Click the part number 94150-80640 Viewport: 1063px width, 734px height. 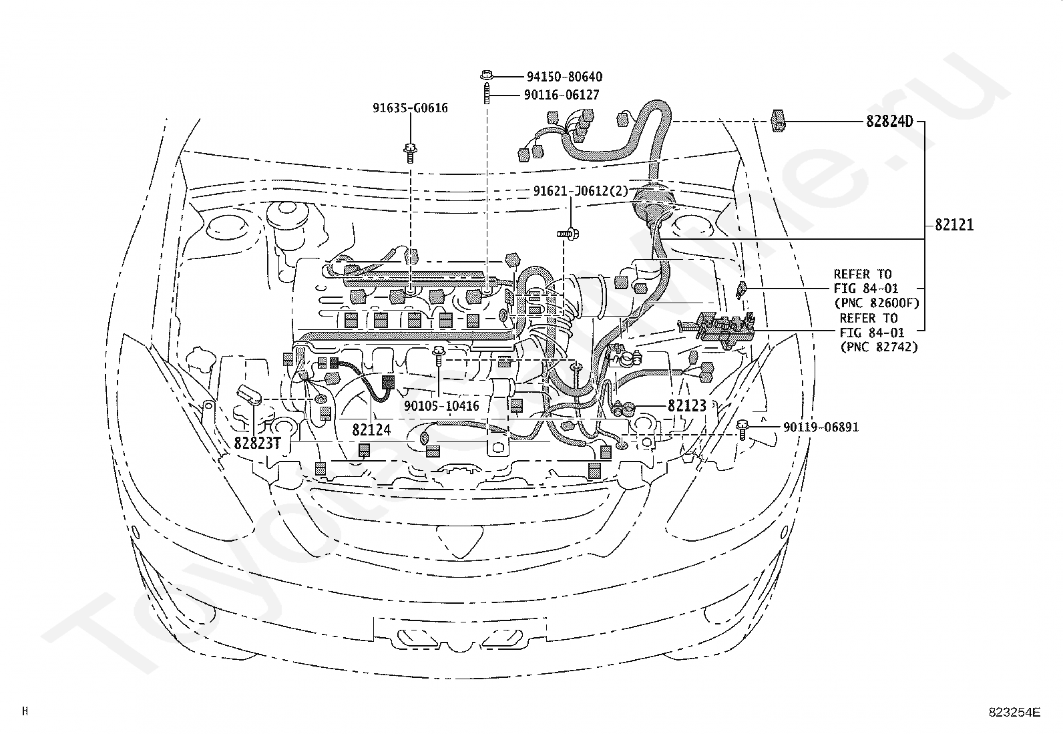pyautogui.click(x=564, y=76)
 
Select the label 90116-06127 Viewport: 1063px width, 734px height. pyautogui.click(x=562, y=95)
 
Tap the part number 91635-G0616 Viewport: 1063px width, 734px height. pyautogui.click(x=410, y=108)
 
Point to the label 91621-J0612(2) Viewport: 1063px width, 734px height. pyautogui.click(x=580, y=191)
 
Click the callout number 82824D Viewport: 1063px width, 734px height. pyautogui.click(x=889, y=122)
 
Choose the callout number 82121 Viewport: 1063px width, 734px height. pyautogui.click(x=954, y=224)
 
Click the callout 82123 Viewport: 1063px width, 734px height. pyautogui.click(x=687, y=405)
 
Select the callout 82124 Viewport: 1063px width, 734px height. pyautogui.click(x=371, y=429)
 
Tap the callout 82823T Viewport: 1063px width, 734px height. pyautogui.click(x=258, y=443)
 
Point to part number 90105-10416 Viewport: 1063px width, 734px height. pyautogui.click(x=441, y=406)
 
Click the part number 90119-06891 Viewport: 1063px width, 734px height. pyautogui.click(x=821, y=427)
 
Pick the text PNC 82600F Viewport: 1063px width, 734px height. pyautogui.click(x=879, y=303)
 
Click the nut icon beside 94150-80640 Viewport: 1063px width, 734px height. pyautogui.click(x=486, y=75)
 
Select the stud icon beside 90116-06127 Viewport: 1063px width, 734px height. pyautogui.click(x=486, y=94)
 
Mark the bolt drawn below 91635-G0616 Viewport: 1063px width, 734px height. pyautogui.click(x=410, y=152)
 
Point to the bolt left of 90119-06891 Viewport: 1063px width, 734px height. pyautogui.click(x=742, y=429)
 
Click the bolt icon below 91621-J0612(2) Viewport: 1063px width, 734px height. pyautogui.click(x=568, y=233)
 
